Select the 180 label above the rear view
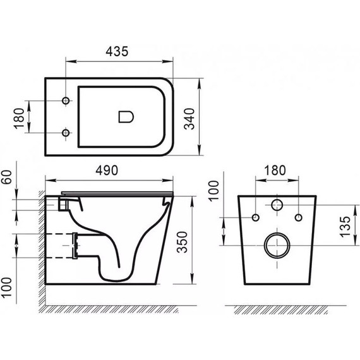275,170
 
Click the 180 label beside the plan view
18,117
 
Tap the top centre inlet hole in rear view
277,205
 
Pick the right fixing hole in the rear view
297,218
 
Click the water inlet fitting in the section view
63,204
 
